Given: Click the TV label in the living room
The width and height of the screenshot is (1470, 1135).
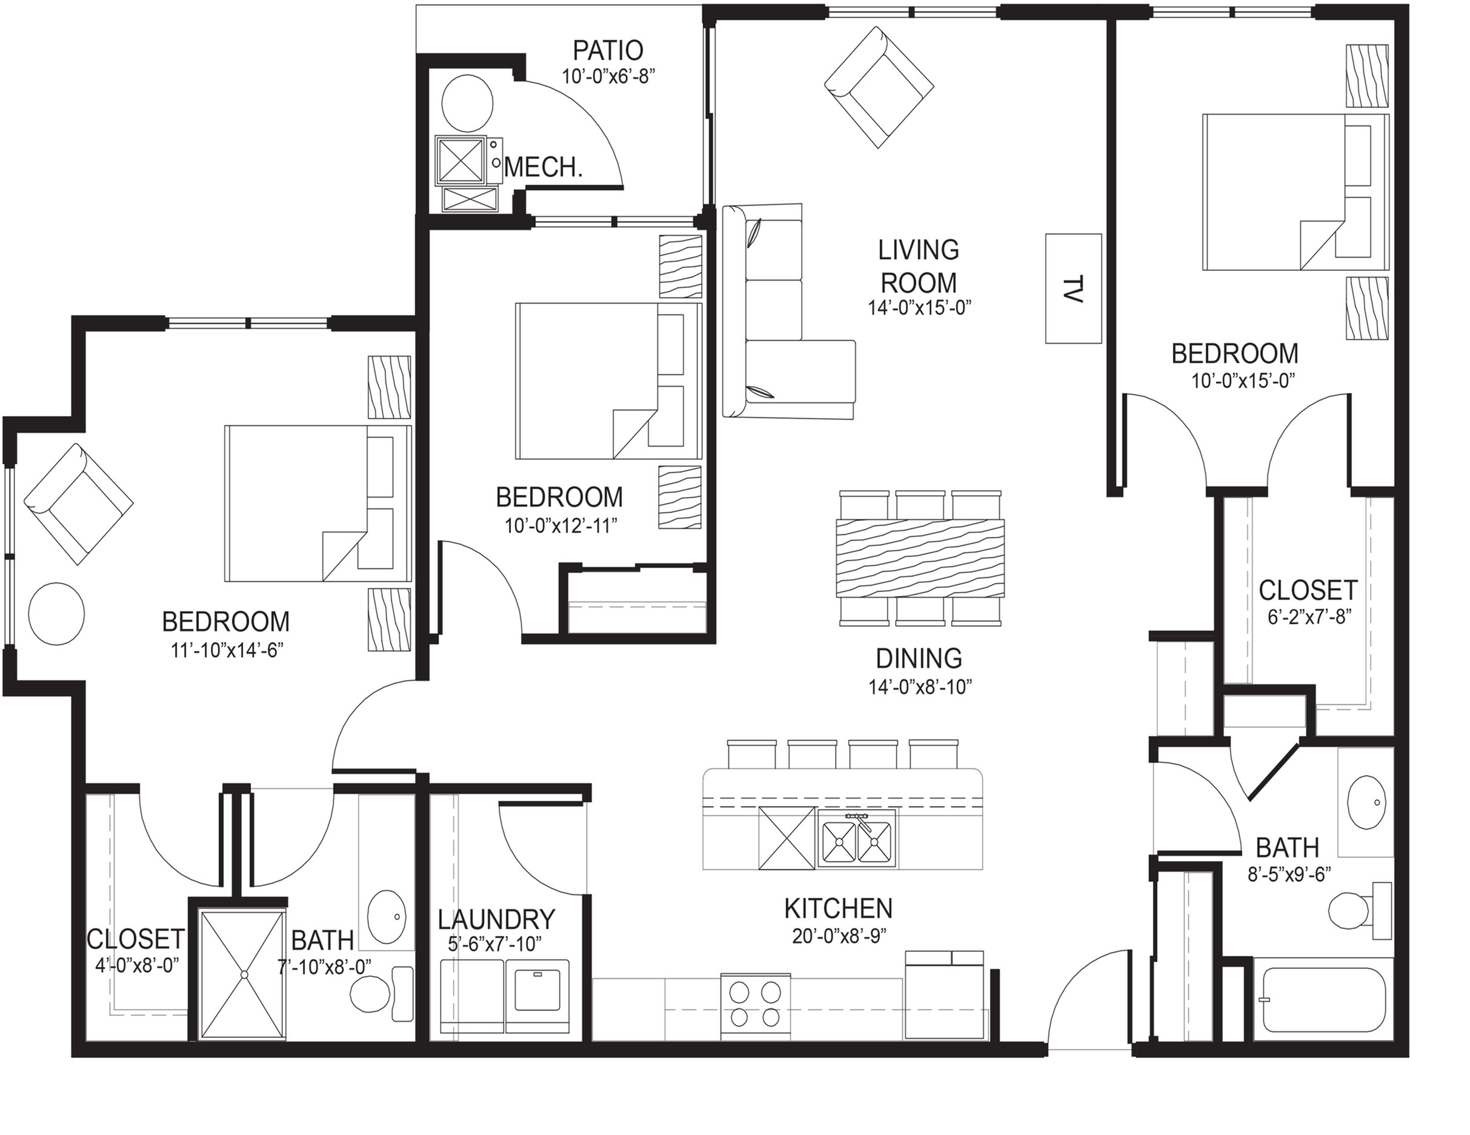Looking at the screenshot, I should (x=1074, y=290).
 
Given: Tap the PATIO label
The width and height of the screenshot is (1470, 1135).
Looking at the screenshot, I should (x=608, y=50).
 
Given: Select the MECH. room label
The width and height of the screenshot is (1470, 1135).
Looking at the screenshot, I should (x=543, y=167).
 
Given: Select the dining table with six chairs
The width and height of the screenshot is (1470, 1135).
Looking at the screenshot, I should (x=919, y=558).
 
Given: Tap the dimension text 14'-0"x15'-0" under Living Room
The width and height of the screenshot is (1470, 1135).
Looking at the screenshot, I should (x=919, y=308).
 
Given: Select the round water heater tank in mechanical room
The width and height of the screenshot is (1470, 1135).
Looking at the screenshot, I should (x=467, y=103).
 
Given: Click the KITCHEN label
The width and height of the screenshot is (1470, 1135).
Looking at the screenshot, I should (x=838, y=909).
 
